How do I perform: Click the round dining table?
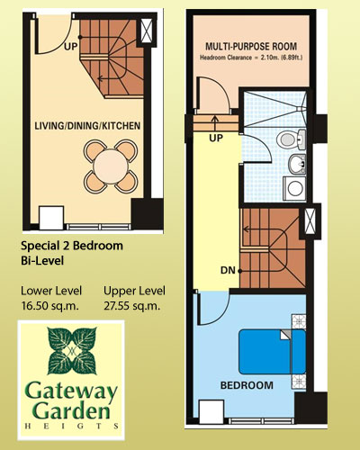111,166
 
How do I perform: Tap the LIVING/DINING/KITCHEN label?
87,126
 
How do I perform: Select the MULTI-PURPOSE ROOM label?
251,47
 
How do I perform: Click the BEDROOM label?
247,385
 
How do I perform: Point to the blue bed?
272,352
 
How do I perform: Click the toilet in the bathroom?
292,139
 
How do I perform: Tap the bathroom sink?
297,164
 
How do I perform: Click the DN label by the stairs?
228,270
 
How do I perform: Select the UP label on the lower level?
71,47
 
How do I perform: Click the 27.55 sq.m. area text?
130,306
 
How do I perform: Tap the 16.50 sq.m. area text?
49,306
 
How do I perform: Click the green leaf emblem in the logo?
72,351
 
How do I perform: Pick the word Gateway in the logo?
71,391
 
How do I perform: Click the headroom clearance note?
251,58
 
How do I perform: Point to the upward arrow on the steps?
215,122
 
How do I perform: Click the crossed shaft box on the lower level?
147,31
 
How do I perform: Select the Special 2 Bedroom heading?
72,246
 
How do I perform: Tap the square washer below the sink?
294,188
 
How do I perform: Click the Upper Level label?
134,291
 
